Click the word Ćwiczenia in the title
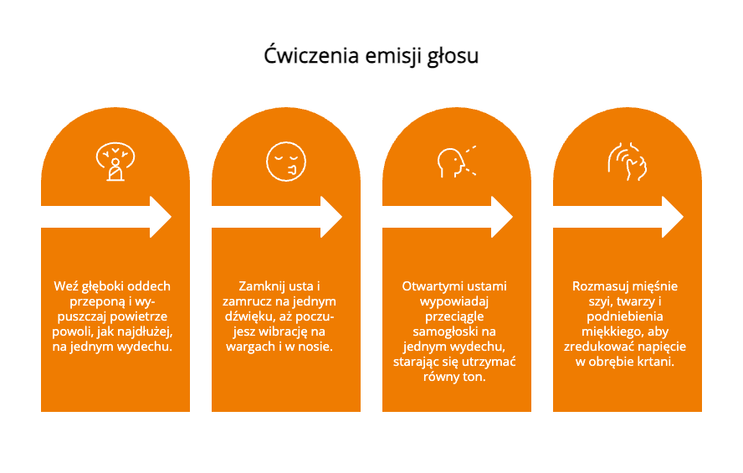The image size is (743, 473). pyautogui.click(x=311, y=55)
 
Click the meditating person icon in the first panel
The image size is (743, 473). pyautogui.click(x=115, y=161)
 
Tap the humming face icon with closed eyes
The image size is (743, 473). pyautogui.click(x=285, y=161)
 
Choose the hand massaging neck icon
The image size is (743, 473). pyautogui.click(x=627, y=161)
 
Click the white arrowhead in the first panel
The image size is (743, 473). pyautogui.click(x=161, y=217)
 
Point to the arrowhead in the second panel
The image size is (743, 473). pyautogui.click(x=331, y=217)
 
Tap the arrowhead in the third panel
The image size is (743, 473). pyautogui.click(x=502, y=217)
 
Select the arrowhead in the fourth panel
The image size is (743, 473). pyautogui.click(x=673, y=217)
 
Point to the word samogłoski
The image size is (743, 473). pyautogui.click(x=441, y=332)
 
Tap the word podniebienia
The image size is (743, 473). pyautogui.click(x=624, y=316)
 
